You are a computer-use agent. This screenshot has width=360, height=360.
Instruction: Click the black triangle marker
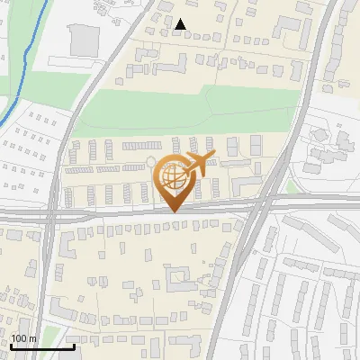coord(181,24)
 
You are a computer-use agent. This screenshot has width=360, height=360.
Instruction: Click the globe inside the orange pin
coord(173,177)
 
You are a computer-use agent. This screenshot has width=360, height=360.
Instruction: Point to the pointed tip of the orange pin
coord(173,211)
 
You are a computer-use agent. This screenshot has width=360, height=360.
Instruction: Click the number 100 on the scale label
coord(18,338)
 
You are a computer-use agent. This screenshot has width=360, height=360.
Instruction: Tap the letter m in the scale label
coord(32,338)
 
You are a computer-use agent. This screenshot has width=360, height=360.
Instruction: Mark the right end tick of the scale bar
coord(74,346)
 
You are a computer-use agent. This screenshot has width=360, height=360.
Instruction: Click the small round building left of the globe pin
coord(150,163)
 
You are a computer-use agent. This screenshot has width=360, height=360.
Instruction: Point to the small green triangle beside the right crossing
coord(291,188)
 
